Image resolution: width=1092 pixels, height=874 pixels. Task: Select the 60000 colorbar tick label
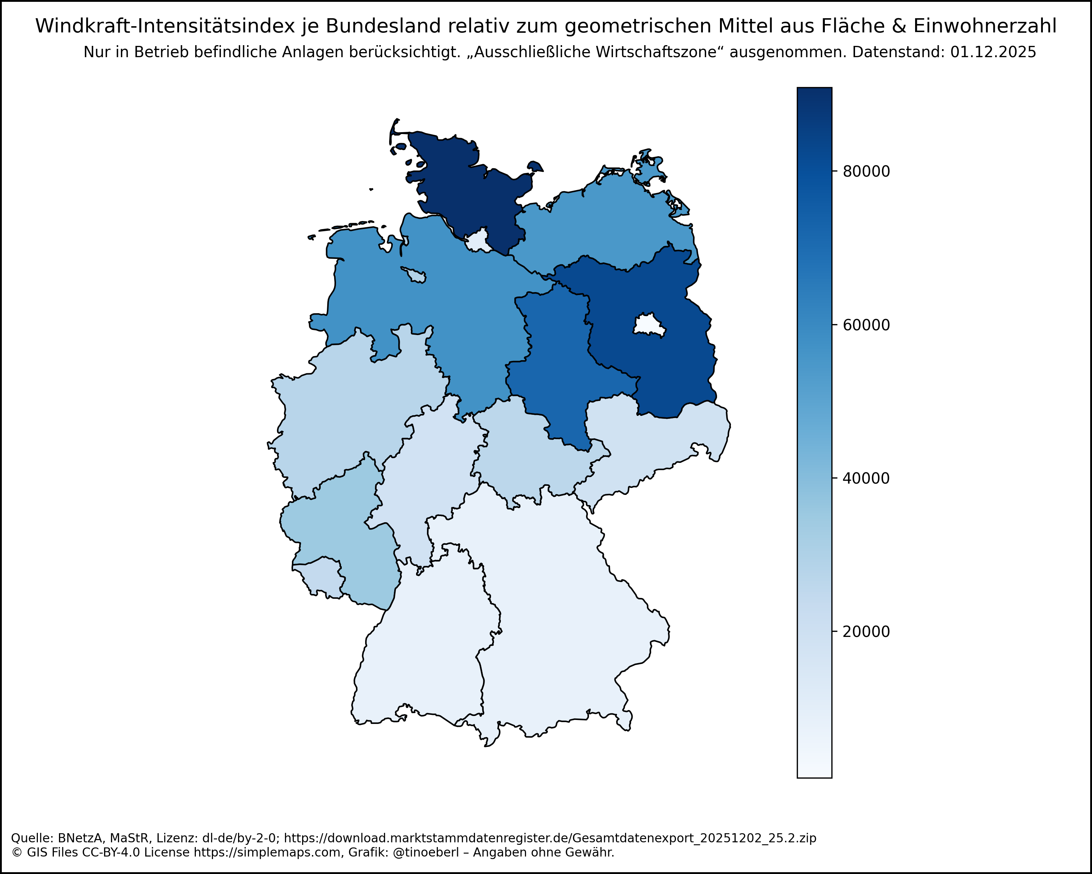click(866, 325)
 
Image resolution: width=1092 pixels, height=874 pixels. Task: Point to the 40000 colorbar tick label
click(866, 478)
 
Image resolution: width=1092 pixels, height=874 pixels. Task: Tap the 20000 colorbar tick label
click(866, 632)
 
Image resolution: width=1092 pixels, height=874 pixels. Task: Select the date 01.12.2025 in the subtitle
click(993, 52)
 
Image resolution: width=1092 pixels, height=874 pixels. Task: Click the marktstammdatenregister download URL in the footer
click(550, 838)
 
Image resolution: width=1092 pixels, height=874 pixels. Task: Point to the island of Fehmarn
click(535, 166)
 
